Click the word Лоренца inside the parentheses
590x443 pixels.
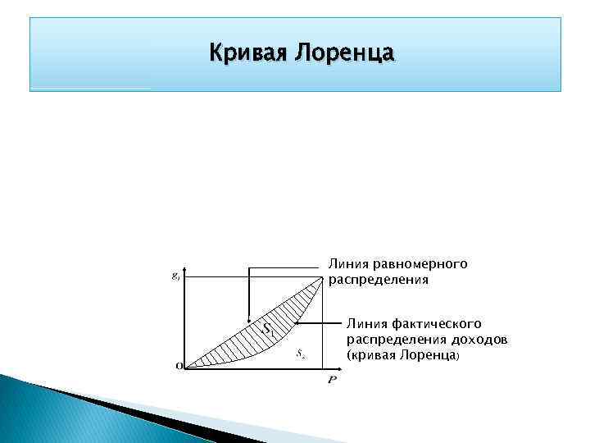tap(426, 356)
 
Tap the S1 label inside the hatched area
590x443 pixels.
tap(267, 329)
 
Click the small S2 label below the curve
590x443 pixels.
tap(302, 354)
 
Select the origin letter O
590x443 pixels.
tap(179, 367)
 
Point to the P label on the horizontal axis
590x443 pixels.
tap(332, 381)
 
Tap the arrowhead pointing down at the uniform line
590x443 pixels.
tap(248, 321)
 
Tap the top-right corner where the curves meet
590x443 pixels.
tap(321, 278)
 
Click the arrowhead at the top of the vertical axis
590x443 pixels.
tap(188, 267)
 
